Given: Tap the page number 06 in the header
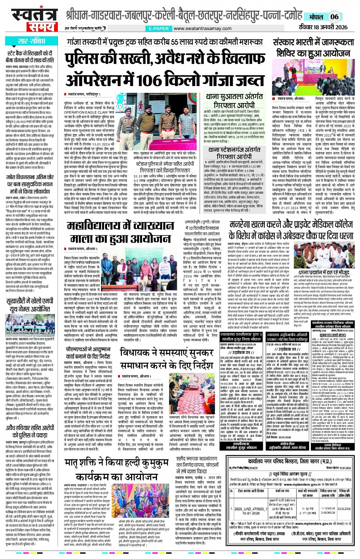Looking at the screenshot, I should pyautogui.click(x=334, y=16).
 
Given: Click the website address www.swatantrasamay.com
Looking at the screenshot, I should pyautogui.click(x=202, y=29).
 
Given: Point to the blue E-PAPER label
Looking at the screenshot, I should pyautogui.click(x=159, y=29).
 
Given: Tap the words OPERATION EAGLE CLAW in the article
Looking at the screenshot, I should pyautogui.click(x=86, y=113).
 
